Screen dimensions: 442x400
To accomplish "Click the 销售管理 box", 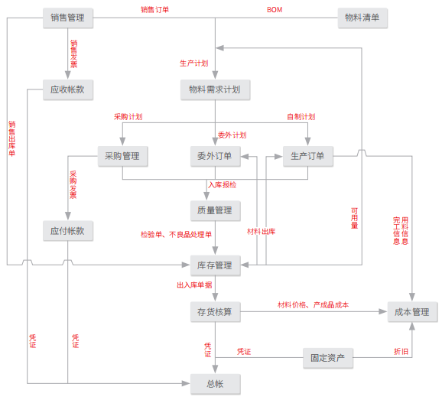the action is click(68, 18).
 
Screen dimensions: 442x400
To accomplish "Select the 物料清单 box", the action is click(362, 18).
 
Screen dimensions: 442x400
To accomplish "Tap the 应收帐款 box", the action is click(68, 89).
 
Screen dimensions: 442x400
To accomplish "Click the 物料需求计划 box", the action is click(215, 89).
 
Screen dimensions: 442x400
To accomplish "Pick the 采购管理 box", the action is click(122, 156).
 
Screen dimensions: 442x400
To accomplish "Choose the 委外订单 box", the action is click(216, 156).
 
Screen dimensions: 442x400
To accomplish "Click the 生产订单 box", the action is click(308, 156).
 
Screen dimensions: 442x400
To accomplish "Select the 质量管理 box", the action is click(216, 210).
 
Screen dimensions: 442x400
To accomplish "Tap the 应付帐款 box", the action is click(68, 231).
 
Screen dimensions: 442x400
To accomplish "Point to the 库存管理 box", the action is click(216, 265).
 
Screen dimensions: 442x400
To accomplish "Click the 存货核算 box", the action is click(216, 312).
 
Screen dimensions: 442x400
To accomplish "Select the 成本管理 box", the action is click(412, 312).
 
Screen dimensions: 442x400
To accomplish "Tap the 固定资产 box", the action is click(328, 358).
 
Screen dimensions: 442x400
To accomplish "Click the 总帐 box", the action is click(216, 384).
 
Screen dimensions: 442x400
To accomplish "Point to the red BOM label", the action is click(275, 10).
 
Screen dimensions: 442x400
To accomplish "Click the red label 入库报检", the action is click(222, 185).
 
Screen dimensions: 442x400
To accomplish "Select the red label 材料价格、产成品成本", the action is click(314, 304).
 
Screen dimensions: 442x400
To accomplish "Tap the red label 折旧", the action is click(401, 352).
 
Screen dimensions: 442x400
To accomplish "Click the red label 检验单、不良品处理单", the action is click(176, 235).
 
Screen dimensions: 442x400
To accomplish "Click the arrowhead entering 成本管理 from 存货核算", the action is click(383, 312).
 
